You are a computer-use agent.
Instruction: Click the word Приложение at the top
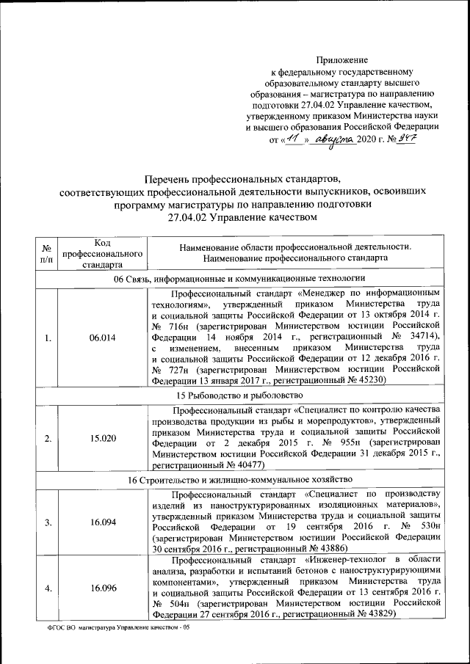click(342, 59)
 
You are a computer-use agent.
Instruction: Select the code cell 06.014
click(102, 338)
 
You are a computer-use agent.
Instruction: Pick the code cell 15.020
click(102, 439)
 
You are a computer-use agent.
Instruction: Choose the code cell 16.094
click(102, 522)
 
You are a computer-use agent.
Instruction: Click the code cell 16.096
click(102, 588)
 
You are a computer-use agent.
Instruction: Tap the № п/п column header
click(46, 253)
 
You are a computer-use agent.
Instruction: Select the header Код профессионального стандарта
click(102, 253)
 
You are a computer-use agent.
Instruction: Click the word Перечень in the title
click(170, 178)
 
